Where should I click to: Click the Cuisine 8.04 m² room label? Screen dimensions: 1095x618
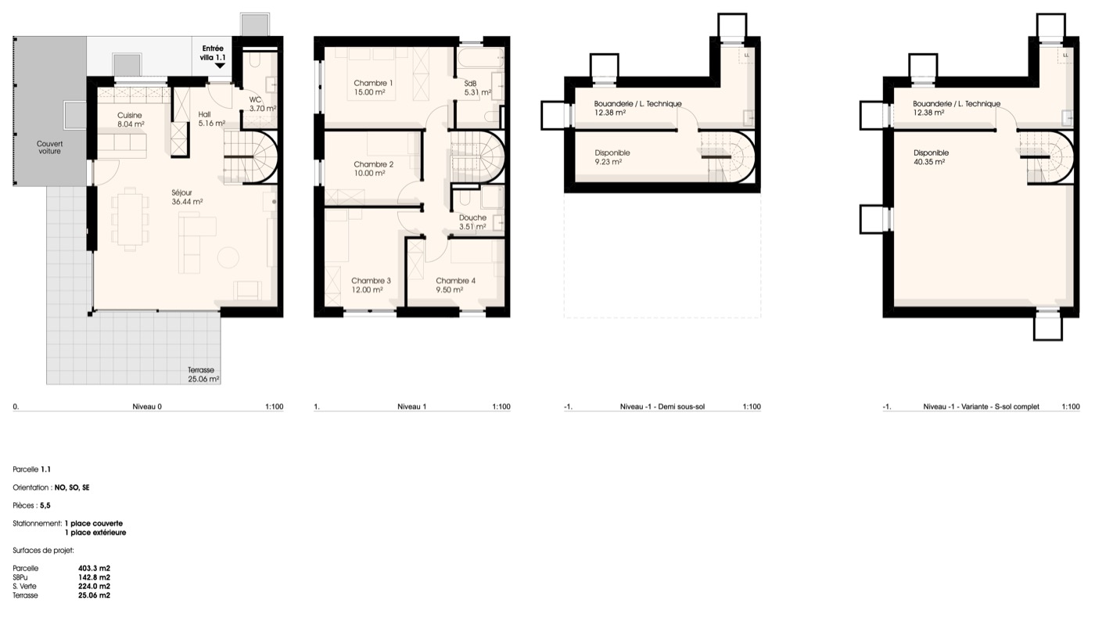[131, 120]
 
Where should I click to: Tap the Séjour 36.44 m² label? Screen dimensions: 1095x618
[187, 197]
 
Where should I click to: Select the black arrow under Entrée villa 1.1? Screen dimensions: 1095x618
[220, 66]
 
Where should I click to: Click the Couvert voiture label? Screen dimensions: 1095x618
[49, 148]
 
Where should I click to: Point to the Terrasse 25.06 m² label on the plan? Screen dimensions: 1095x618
[203, 375]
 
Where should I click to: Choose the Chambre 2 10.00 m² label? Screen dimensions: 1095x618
[374, 169]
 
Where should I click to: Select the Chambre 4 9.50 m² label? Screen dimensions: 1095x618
[455, 285]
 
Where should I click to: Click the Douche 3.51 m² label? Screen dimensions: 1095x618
[472, 222]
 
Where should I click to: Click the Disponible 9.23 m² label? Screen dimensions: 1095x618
[612, 157]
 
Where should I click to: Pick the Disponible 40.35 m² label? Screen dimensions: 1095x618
[931, 157]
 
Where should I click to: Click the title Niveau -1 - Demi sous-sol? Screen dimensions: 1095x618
[662, 406]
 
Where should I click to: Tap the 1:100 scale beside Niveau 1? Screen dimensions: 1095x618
[501, 406]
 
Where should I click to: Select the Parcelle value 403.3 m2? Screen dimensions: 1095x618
[94, 568]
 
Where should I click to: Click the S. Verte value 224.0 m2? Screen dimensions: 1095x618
[94, 586]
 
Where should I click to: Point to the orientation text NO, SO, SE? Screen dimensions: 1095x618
[72, 487]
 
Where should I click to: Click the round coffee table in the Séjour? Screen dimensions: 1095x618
[228, 257]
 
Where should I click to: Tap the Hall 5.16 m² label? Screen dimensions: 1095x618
[212, 119]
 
